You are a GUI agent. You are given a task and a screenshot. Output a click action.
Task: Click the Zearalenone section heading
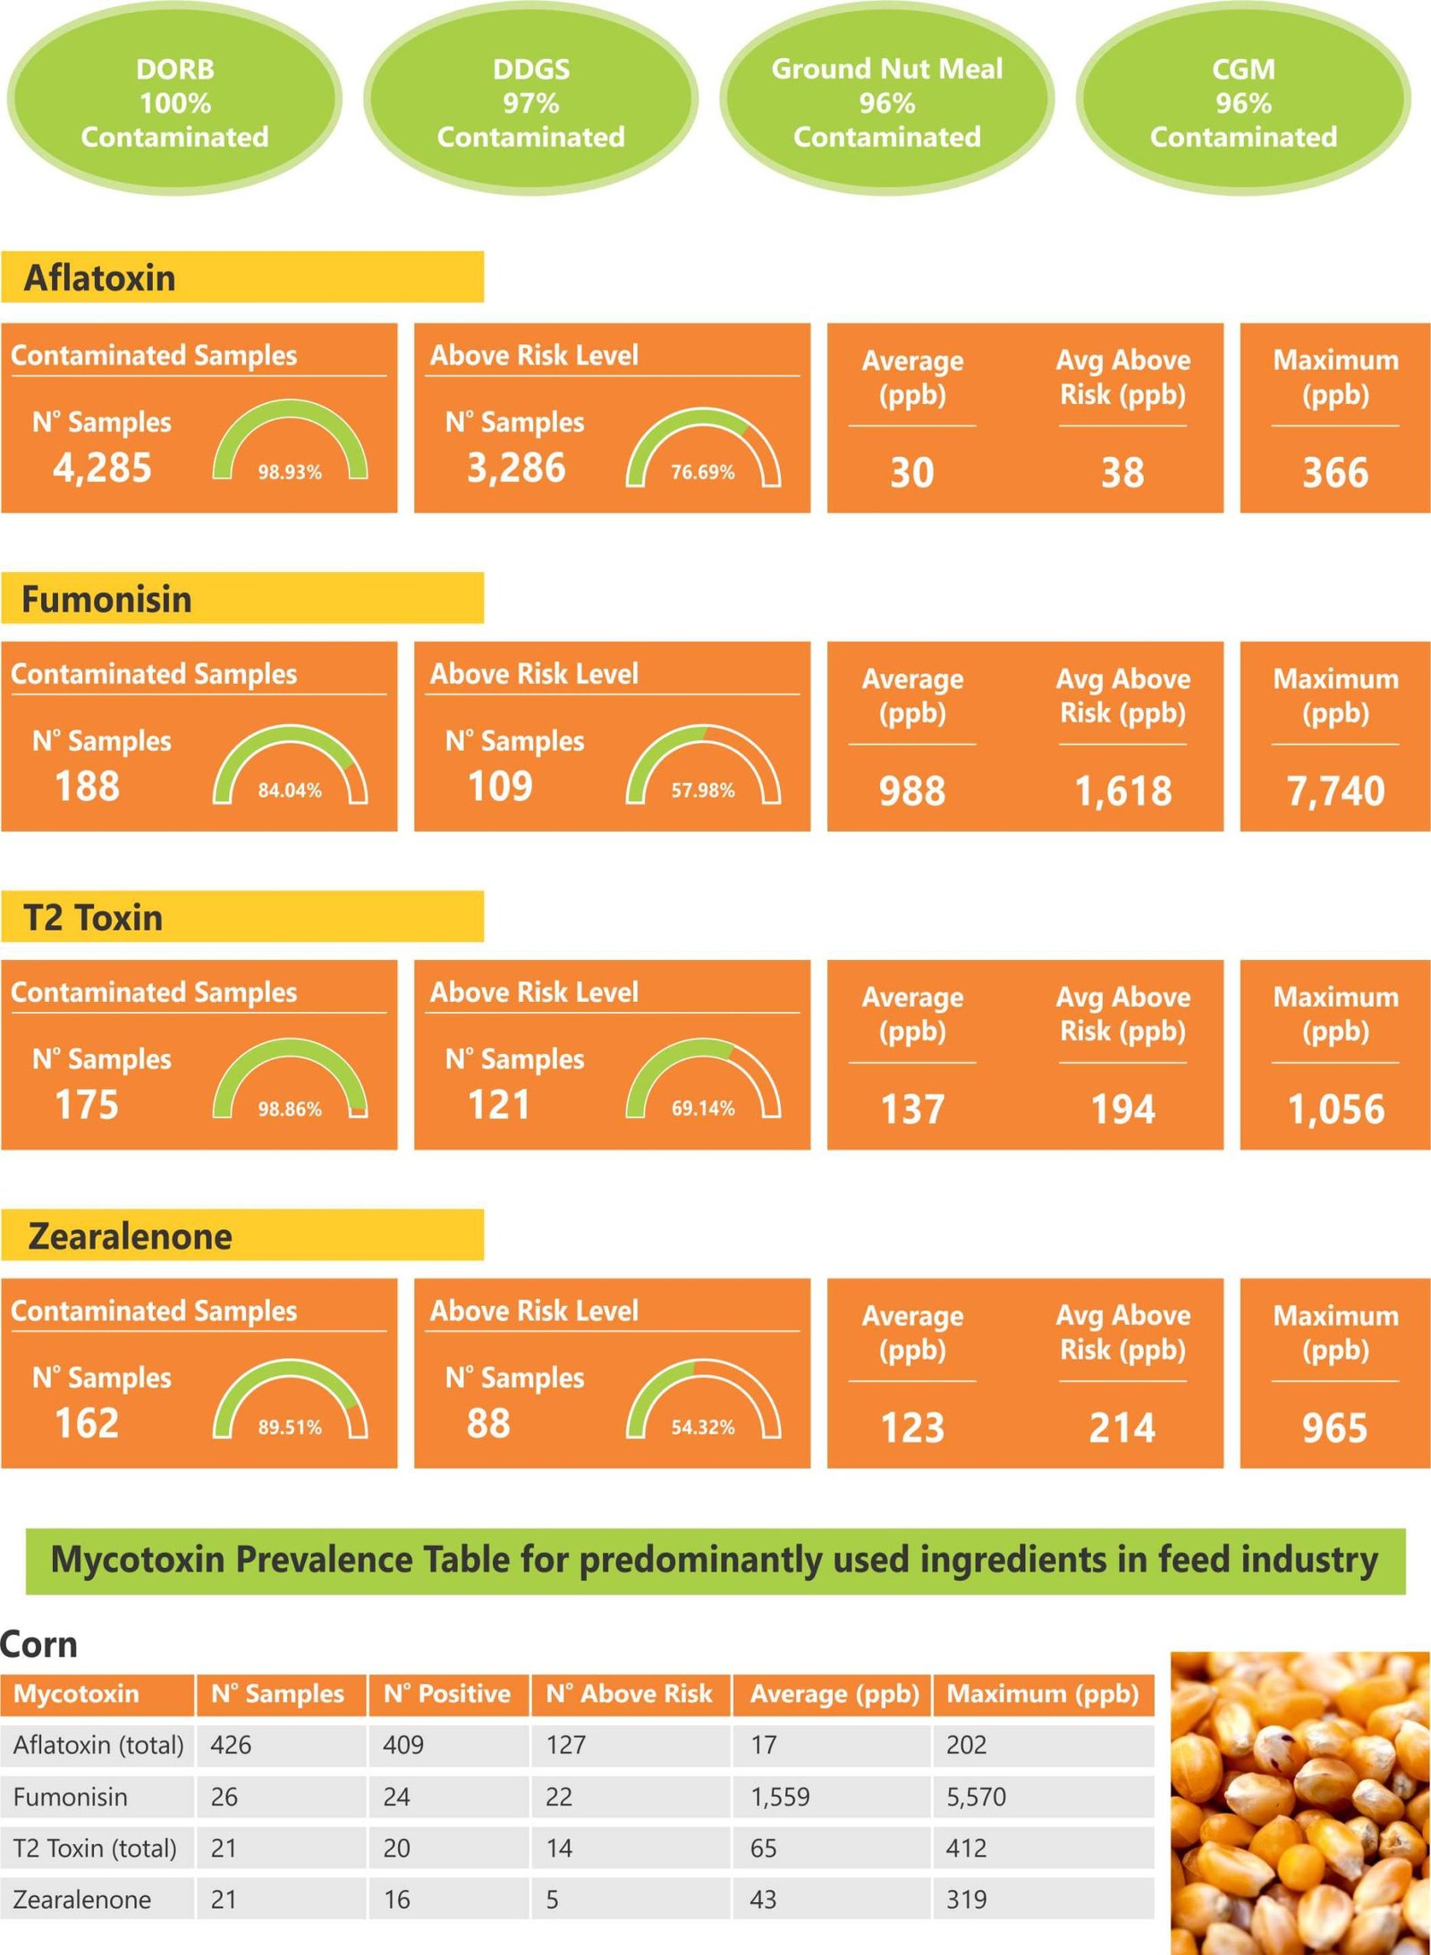[130, 1236]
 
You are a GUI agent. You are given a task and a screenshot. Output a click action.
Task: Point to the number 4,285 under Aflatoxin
[102, 468]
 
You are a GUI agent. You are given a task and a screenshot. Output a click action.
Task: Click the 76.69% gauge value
[703, 472]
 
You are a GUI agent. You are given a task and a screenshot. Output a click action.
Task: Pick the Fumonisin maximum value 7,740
[1335, 791]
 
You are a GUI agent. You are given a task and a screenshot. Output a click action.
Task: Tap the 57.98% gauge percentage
[703, 790]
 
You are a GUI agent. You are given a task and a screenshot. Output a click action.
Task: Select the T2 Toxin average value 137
[912, 1109]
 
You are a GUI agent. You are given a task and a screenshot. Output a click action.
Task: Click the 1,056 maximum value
[1335, 1109]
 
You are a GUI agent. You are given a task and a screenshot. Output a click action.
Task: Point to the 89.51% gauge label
[290, 1428]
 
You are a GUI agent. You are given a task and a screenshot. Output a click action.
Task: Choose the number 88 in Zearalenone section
[488, 1423]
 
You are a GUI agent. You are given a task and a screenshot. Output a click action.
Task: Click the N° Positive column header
[447, 1694]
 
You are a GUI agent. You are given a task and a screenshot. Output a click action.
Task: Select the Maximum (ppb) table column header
[1042, 1694]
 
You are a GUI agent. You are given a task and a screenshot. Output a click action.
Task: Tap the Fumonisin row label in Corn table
[71, 1797]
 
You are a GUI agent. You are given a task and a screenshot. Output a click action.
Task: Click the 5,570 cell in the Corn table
[976, 1797]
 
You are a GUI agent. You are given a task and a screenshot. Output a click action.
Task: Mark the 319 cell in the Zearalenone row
[966, 1900]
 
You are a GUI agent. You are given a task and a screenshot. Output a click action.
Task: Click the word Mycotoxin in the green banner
[138, 1561]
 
